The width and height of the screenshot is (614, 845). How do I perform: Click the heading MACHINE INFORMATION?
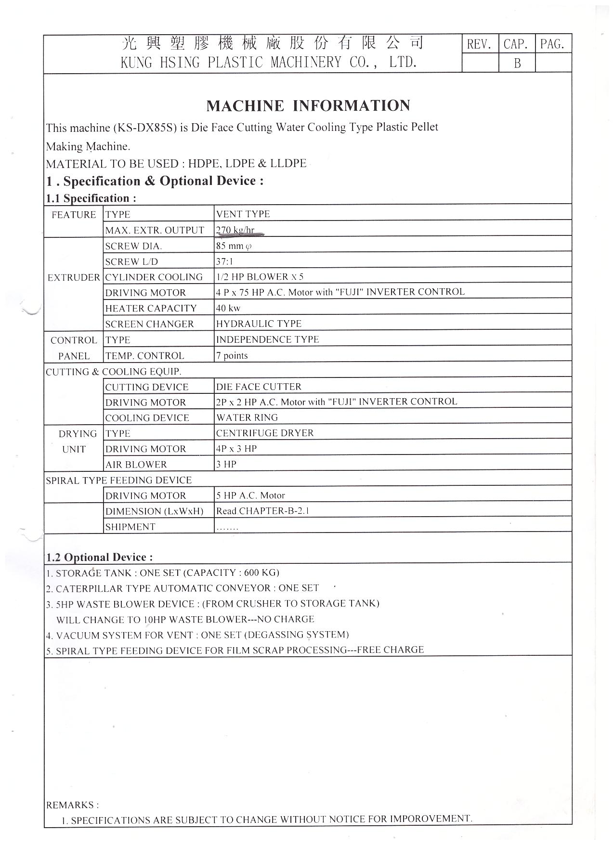(x=308, y=105)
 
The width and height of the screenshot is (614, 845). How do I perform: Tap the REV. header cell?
(x=479, y=44)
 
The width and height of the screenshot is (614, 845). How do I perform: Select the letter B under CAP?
(x=517, y=64)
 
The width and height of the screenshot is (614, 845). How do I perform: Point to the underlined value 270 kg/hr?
(x=235, y=230)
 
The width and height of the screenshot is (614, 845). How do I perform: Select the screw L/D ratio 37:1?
(x=224, y=261)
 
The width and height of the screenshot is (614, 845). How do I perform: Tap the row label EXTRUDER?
(x=74, y=277)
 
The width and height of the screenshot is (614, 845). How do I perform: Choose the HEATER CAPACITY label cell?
(x=151, y=308)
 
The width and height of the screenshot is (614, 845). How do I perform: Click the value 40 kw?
(x=228, y=308)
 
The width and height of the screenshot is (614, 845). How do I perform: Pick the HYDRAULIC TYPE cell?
(x=259, y=324)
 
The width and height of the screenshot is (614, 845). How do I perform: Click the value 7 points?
(x=232, y=355)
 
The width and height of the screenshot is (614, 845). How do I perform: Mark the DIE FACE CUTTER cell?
(x=259, y=387)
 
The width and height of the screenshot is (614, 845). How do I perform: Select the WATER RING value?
(x=247, y=417)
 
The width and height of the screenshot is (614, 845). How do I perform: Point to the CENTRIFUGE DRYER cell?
(x=265, y=433)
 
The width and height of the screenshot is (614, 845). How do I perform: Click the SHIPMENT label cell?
(x=131, y=527)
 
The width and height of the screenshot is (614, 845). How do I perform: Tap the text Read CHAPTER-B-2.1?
(x=262, y=511)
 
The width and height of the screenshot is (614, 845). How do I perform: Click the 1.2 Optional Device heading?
(x=100, y=557)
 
